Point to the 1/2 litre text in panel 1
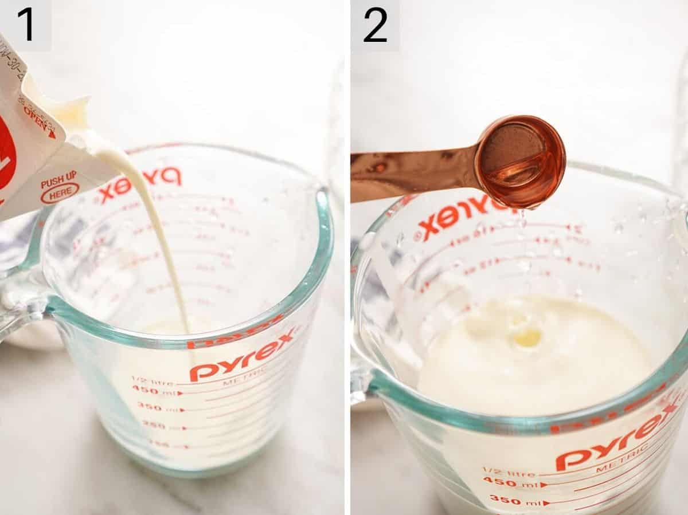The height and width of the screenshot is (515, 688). tap(151, 379)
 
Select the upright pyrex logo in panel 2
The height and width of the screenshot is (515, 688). tap(619, 441)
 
